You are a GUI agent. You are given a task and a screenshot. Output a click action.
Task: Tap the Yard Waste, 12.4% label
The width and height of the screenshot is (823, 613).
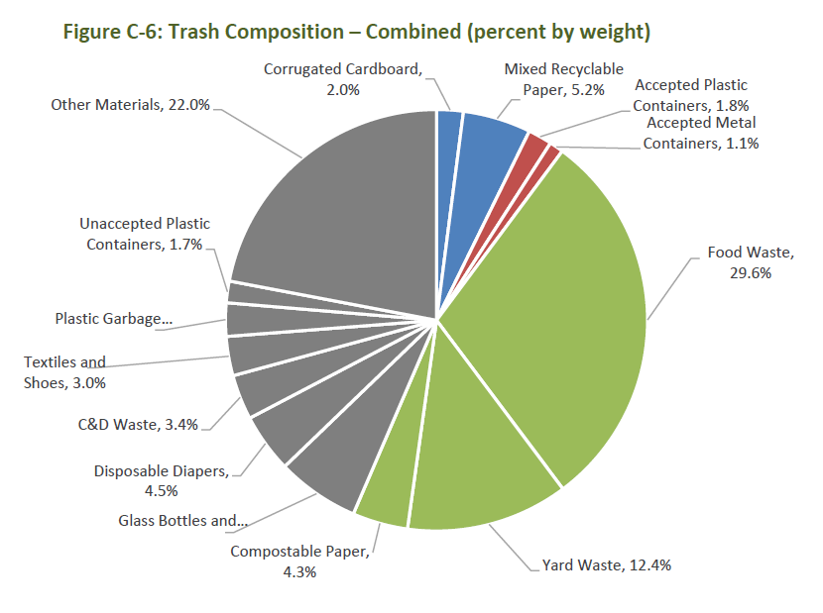[607, 565]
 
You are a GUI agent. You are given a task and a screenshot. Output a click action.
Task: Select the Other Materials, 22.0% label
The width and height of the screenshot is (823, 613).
[130, 103]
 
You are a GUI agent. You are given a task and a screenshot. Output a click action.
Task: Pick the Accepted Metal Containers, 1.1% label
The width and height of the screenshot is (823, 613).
[700, 133]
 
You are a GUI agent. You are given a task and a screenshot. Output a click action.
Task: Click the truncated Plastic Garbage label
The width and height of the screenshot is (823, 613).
[113, 319]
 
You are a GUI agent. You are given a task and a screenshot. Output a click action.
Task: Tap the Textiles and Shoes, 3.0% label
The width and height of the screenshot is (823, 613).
[64, 372]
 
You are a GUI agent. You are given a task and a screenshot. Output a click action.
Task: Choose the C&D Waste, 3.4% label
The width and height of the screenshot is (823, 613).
[138, 425]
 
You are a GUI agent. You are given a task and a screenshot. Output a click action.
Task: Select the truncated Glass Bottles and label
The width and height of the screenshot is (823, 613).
[182, 520]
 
